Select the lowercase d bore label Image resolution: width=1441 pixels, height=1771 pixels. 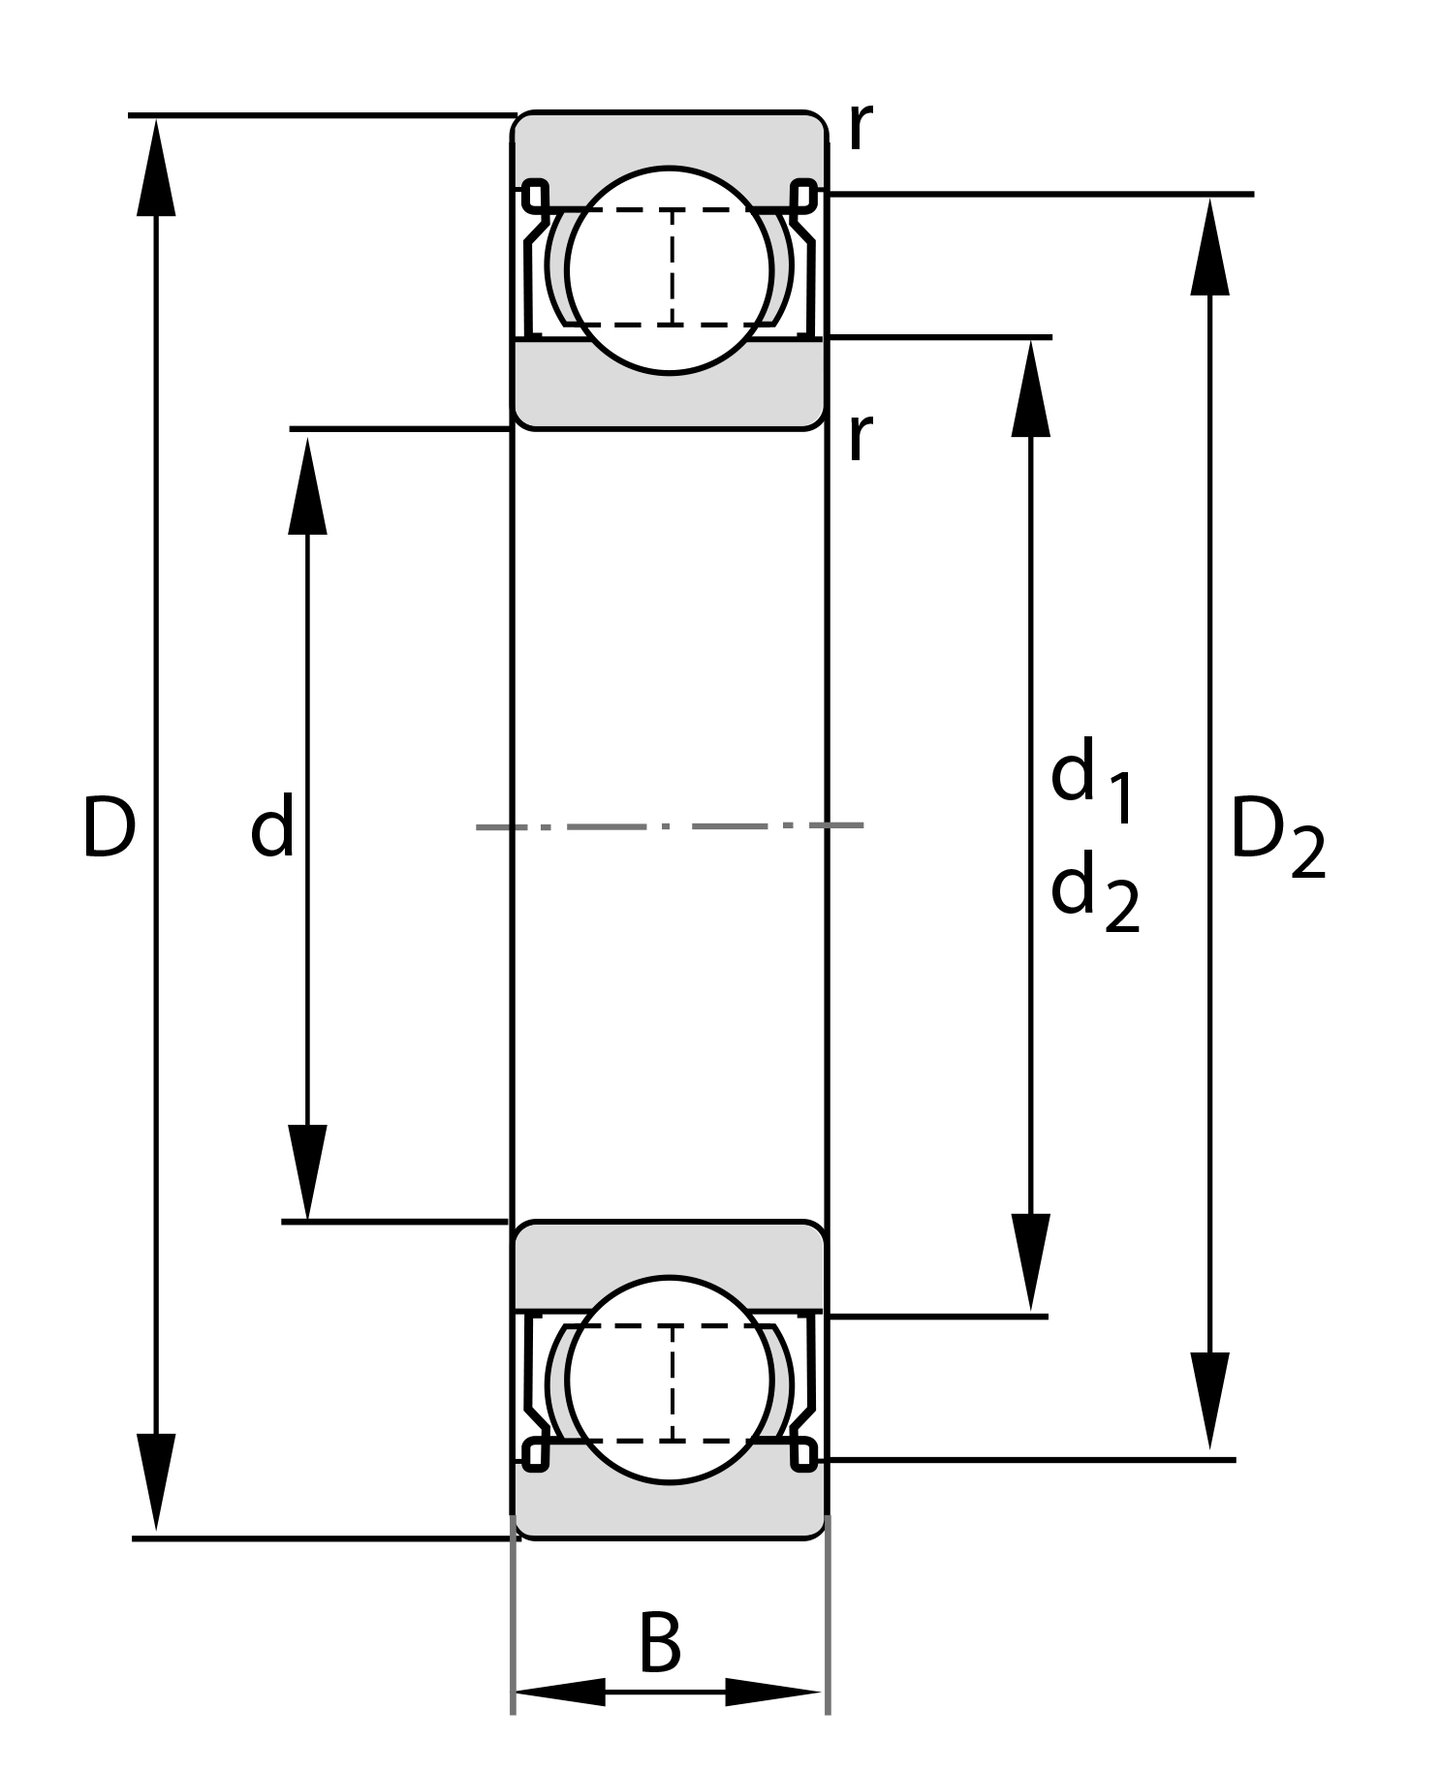[271, 826]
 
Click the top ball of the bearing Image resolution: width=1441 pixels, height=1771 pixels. [670, 270]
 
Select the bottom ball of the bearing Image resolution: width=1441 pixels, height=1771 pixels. [670, 1380]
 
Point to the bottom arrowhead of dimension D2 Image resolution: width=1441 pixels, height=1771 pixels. [1209, 1399]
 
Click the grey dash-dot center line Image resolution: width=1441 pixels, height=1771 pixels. [669, 826]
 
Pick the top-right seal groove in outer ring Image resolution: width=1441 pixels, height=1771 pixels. [803, 195]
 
